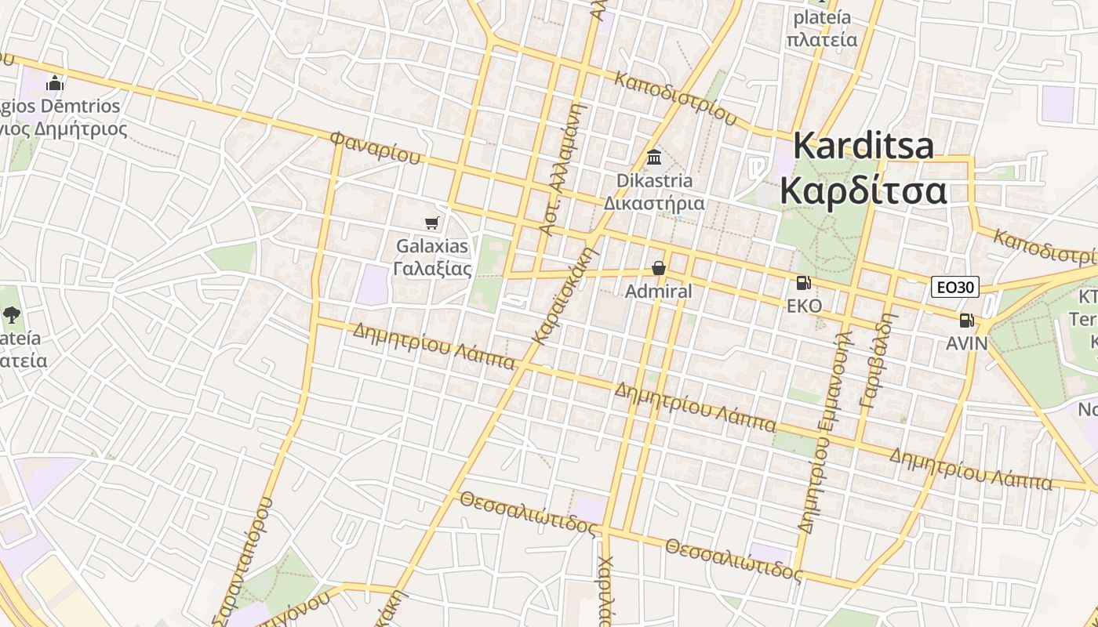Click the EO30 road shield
point(955,288)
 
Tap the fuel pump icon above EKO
point(803,283)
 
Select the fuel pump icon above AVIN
point(966,320)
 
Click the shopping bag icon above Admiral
point(659,269)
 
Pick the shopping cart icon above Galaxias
point(431,223)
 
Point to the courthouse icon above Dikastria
point(654,158)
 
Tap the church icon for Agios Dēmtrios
point(55,83)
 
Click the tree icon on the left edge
point(11,315)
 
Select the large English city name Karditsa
point(863,147)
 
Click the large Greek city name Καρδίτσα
point(863,191)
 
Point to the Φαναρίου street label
point(375,147)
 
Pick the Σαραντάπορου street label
point(243,560)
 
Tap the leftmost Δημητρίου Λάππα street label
point(434,346)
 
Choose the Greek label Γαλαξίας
point(432,269)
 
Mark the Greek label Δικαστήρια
point(653,203)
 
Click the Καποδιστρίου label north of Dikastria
point(676,99)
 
